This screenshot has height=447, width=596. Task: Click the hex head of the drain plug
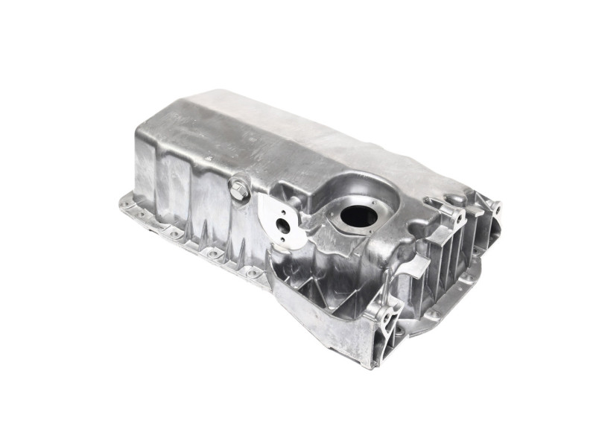pos(238,189)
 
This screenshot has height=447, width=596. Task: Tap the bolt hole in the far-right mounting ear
pos(494,206)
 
